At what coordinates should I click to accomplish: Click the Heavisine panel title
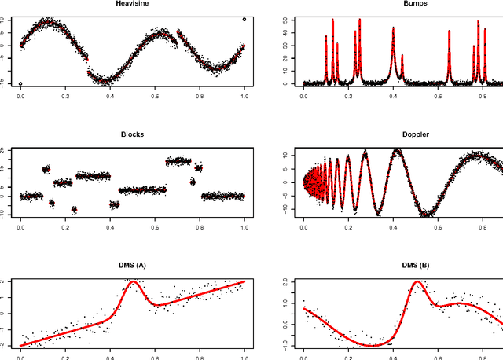point(131,4)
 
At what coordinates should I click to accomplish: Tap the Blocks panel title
point(131,134)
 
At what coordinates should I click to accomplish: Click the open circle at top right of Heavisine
point(244,19)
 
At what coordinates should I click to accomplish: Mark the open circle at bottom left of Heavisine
point(20,83)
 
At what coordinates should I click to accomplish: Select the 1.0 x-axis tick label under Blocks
point(244,226)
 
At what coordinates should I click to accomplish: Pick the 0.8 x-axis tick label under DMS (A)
point(200,357)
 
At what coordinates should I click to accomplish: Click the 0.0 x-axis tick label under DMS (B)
point(304,357)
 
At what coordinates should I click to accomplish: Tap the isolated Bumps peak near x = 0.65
point(450,31)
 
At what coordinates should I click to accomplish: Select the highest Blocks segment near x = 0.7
point(178,161)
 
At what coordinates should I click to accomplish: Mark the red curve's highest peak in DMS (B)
point(417,282)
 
